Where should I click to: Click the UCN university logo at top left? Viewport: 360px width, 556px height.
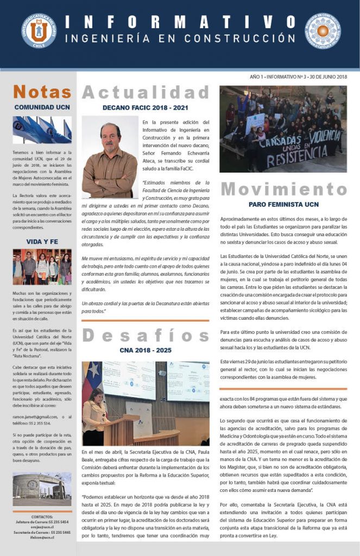click(x=39, y=31)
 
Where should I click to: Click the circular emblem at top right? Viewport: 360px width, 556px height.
click(x=323, y=31)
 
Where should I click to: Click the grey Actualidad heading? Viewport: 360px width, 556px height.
click(x=146, y=92)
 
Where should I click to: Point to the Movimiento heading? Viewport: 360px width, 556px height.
click(x=283, y=189)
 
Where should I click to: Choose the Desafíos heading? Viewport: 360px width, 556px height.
click(x=146, y=335)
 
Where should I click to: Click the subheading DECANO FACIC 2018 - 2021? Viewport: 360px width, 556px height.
click(x=146, y=108)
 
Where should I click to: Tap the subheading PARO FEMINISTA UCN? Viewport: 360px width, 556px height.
click(x=283, y=204)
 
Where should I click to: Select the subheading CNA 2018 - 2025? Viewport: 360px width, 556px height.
click(x=146, y=350)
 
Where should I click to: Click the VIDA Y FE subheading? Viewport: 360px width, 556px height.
click(x=42, y=242)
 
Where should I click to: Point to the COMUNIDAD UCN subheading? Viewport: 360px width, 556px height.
click(x=42, y=107)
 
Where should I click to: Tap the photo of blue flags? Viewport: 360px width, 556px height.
click(x=42, y=130)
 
